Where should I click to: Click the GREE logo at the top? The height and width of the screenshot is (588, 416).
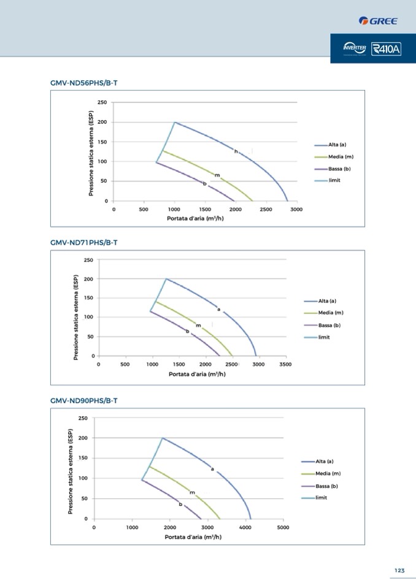tap(378, 21)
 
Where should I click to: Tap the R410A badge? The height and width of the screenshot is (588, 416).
tap(387, 49)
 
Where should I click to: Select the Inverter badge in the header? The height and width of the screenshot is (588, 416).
tap(355, 48)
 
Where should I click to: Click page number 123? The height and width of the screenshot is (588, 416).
tap(399, 570)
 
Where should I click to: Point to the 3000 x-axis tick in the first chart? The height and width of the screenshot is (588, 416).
tap(297, 209)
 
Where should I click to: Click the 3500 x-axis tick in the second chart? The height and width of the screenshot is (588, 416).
tap(285, 364)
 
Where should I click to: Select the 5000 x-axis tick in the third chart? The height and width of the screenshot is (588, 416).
tap(283, 527)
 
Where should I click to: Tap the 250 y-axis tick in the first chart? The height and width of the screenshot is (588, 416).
tap(103, 102)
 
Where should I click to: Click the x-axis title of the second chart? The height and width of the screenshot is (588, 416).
tap(197, 374)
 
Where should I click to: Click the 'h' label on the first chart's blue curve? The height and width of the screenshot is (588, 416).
tap(236, 151)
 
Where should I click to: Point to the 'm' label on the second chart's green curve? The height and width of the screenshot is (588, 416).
tap(198, 325)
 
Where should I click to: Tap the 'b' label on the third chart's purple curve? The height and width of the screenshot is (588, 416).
tap(180, 504)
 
